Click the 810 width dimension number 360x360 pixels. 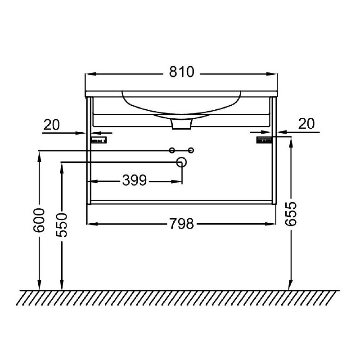182,72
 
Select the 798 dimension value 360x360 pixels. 182,224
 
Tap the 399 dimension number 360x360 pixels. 134,180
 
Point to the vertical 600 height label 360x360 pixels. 39,220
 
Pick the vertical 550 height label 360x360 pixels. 62,225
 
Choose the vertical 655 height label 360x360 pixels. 291,214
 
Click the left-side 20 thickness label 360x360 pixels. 51,125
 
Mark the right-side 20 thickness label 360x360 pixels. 306,124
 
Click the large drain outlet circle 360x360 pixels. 181,162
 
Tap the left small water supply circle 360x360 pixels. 172,150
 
